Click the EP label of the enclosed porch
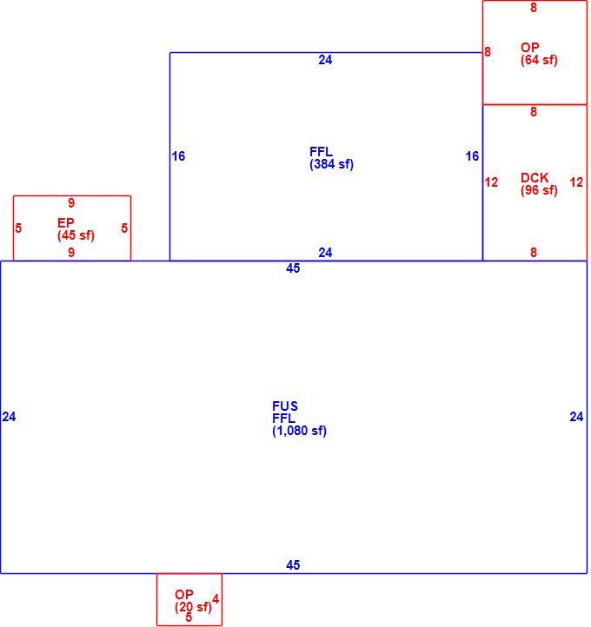tap(66, 222)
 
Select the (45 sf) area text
tap(76, 235)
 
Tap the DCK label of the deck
tap(535, 177)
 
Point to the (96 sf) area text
tap(539, 190)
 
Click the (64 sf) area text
tap(539, 60)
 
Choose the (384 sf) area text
tap(332, 164)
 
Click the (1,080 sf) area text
tap(299, 431)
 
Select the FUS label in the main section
tap(285, 406)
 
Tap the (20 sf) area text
tap(193, 607)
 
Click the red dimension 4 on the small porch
tap(216, 599)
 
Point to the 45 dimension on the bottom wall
tap(293, 565)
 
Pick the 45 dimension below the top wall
tap(293, 268)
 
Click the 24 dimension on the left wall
tap(9, 417)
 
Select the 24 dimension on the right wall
tap(576, 417)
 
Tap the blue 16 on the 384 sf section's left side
tap(178, 156)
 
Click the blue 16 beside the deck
tap(472, 156)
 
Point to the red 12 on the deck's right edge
tap(576, 182)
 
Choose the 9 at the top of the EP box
tap(71, 202)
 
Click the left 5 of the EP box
tap(18, 228)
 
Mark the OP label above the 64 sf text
tap(530, 47)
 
